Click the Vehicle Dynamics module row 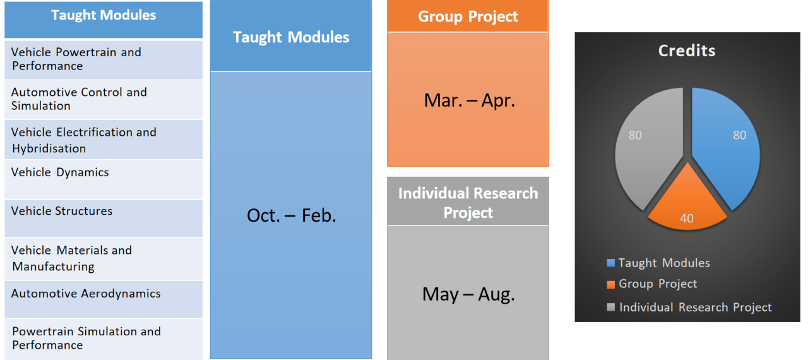pos(104,179)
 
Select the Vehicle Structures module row pos(104,219)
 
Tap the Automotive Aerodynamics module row pos(104,299)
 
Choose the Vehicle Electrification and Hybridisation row pos(104,140)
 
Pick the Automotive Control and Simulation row pos(104,100)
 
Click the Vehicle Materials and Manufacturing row pos(104,259)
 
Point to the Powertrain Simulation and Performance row pos(104,339)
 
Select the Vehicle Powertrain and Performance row pos(104,59)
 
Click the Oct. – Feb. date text pos(292,216)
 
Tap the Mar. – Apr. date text pos(469,100)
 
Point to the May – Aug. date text pos(468,295)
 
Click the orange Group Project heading pos(468,16)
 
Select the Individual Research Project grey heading pos(468,202)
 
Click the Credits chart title pos(687,51)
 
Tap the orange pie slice pos(687,206)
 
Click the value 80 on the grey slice pos(635,135)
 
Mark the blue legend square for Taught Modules pos(610,263)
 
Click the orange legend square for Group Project pos(610,285)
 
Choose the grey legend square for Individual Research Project pos(610,307)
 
